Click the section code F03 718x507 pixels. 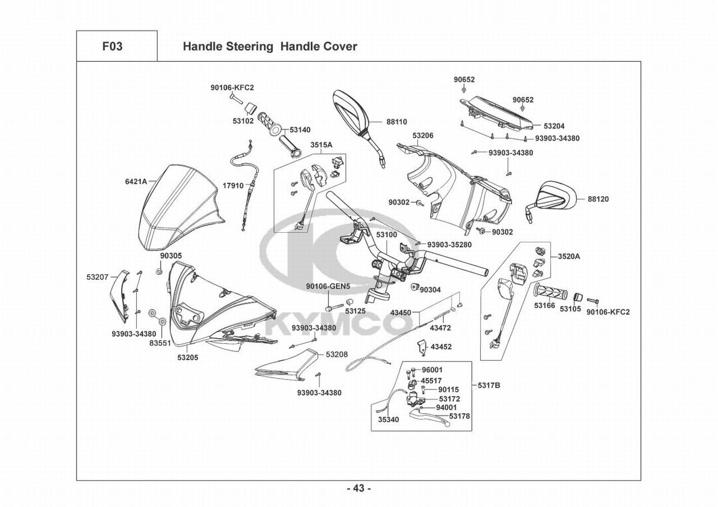coord(112,47)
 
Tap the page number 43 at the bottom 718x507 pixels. coord(358,489)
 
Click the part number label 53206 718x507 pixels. coord(422,136)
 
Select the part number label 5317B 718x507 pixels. coord(488,385)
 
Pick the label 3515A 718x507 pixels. coord(321,145)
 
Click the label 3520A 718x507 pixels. coord(569,257)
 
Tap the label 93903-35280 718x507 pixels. coord(449,245)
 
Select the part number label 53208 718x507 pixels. coord(336,354)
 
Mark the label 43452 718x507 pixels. coord(441,347)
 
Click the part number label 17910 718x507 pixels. coord(233,186)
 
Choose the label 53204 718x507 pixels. coord(554,126)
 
